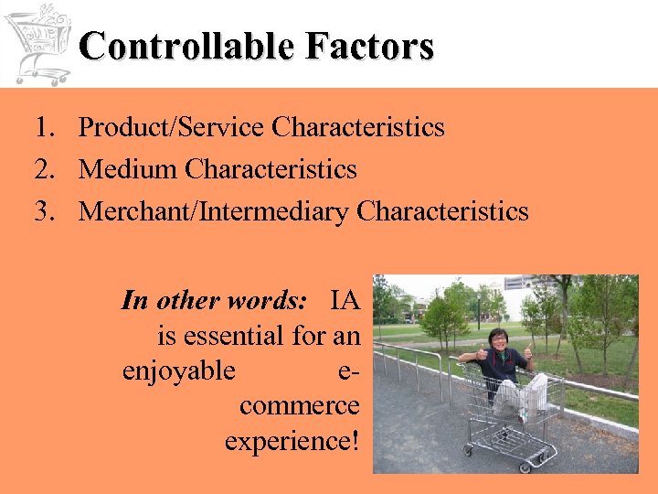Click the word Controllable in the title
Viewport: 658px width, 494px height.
(x=174, y=46)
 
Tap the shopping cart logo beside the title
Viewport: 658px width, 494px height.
(x=37, y=42)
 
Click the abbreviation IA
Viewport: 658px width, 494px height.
(x=345, y=300)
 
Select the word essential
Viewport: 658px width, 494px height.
(x=233, y=336)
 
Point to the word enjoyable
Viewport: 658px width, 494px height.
(x=178, y=371)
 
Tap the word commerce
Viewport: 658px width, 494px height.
(x=301, y=406)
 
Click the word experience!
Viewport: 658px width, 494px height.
(x=292, y=441)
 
